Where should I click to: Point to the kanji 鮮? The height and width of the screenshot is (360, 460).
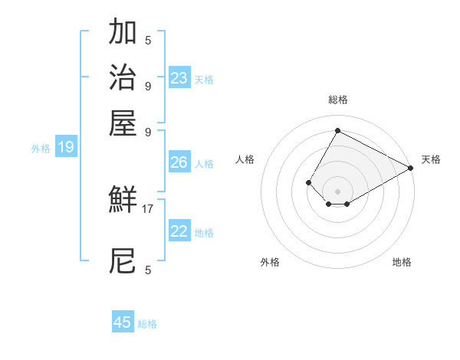tap(123, 201)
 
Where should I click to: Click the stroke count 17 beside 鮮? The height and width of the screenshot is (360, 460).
tap(148, 208)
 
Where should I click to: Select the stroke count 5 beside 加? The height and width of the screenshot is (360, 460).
tap(148, 40)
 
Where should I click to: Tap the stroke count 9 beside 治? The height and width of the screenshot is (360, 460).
tap(148, 85)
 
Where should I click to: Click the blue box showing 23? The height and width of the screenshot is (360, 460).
tap(179, 78)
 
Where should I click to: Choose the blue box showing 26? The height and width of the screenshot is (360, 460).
tap(179, 162)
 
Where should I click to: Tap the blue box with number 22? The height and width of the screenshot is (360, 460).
tap(179, 231)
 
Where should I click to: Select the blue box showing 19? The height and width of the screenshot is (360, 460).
tap(65, 147)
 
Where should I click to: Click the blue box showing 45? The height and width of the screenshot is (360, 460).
tap(123, 322)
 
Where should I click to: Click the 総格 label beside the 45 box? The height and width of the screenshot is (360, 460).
tap(147, 324)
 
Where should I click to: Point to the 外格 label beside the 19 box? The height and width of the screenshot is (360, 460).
tap(41, 149)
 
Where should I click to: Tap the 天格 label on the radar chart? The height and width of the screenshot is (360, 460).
tap(431, 159)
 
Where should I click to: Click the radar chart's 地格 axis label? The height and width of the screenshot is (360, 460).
tap(402, 262)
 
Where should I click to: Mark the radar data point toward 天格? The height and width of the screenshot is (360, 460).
tap(411, 169)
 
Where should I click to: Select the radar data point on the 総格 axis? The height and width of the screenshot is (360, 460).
tap(337, 130)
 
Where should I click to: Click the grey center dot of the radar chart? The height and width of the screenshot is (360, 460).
tap(337, 191)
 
